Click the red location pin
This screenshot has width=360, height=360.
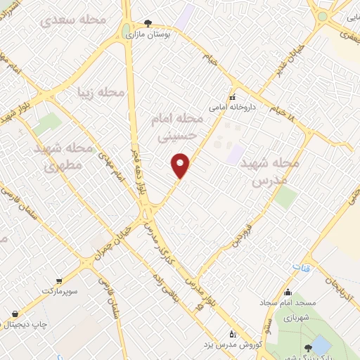click(181, 165)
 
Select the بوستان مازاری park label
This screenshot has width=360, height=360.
click(149, 32)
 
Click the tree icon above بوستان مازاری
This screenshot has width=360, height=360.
click(147, 22)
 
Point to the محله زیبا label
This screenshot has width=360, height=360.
click(102, 92)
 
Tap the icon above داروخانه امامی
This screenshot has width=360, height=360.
click(232, 98)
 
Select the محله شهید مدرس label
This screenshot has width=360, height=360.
click(270, 170)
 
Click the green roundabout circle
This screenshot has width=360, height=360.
click(323, 15)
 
